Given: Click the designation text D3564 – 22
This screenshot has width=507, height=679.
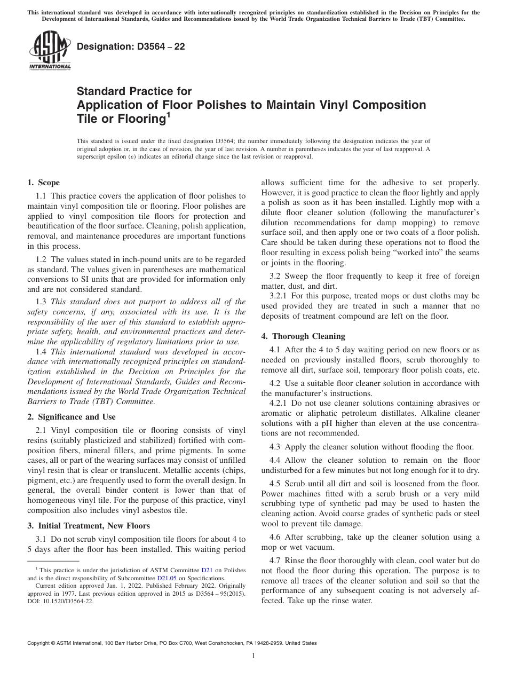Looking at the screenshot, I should pyautogui.click(x=131, y=46).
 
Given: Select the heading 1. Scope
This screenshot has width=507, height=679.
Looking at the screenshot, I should pyautogui.click(x=43, y=183).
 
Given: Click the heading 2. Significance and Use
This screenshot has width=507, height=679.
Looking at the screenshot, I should pyautogui.click(x=71, y=417).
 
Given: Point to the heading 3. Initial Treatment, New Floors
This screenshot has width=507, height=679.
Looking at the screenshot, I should pyautogui.click(x=88, y=526).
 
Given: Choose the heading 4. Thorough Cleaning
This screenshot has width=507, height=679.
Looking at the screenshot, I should pyautogui.click(x=303, y=336).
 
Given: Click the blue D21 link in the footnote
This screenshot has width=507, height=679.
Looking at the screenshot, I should pyautogui.click(x=206, y=571).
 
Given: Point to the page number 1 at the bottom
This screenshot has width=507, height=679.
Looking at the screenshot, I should pyautogui.click(x=253, y=656).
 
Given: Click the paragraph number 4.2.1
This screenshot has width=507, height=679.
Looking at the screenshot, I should pyautogui.click(x=279, y=403).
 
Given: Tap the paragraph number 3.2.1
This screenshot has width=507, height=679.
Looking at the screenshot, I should pyautogui.click(x=279, y=295).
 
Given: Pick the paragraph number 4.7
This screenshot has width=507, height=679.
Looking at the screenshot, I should pyautogui.click(x=275, y=560).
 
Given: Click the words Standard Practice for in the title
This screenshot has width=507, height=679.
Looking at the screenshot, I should pyautogui.click(x=134, y=91).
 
